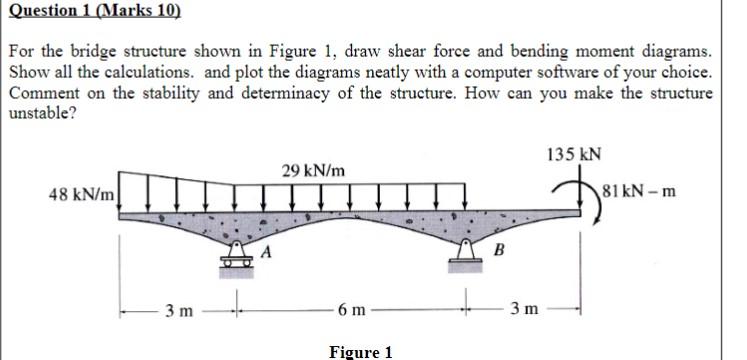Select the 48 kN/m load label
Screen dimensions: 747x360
[x=83, y=190]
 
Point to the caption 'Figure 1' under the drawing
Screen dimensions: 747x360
[x=360, y=351]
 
